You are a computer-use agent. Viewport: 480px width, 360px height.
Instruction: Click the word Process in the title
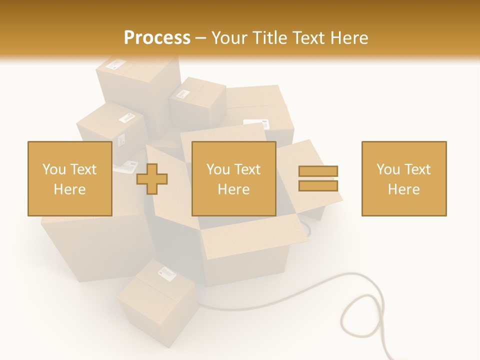(157, 38)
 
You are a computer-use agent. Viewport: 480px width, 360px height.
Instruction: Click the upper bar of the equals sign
(318, 171)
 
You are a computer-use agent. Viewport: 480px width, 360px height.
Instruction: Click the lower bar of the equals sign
(318, 185)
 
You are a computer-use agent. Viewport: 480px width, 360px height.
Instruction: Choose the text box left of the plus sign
(69, 178)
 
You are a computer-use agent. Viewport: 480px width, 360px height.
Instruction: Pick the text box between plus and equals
(233, 178)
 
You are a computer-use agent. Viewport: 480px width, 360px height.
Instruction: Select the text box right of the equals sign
(403, 178)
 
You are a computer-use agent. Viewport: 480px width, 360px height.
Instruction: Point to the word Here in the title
(350, 38)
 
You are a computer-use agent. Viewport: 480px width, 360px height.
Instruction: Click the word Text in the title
(310, 38)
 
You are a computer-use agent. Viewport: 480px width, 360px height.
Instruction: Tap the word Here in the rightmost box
(403, 189)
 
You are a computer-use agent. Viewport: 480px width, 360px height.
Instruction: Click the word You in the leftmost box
(54, 169)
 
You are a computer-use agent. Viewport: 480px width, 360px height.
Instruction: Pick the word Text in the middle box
(247, 169)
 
